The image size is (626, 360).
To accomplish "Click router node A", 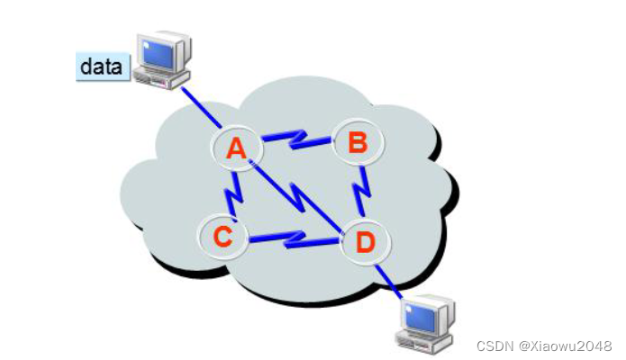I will pos(237,148).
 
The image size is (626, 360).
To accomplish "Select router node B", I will pos(358,142).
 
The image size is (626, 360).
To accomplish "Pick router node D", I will pos(366,240).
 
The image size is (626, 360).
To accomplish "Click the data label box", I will pos(102,66).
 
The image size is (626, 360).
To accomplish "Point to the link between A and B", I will pos(296,139).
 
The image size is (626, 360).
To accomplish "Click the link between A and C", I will pos(231,190).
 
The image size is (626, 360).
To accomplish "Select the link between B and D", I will pos(362,192).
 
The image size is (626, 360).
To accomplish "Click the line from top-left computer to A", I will pos(200,111).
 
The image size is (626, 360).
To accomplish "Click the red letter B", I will pos(358,142).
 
